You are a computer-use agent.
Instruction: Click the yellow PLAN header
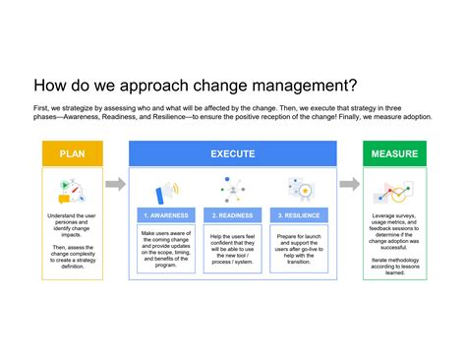pos(72,153)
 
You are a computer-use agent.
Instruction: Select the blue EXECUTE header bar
pos(233,153)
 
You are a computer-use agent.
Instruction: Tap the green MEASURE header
pos(394,153)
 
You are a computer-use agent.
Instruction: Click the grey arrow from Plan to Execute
pos(115,184)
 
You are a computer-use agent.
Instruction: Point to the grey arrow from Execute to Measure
pos(350,184)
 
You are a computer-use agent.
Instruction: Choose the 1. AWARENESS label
pos(167,214)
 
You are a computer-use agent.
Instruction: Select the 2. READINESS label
pos(232,214)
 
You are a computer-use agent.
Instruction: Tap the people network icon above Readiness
pos(233,188)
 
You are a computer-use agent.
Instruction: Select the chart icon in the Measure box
pos(395,189)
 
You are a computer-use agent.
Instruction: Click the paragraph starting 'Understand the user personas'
pos(72,222)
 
